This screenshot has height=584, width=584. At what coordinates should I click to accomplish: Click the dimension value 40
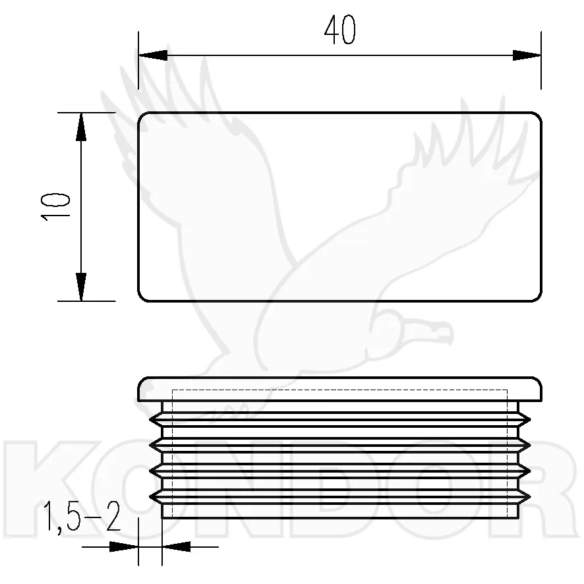pyautogui.click(x=339, y=30)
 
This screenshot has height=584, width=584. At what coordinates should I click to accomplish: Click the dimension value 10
pyautogui.click(x=55, y=207)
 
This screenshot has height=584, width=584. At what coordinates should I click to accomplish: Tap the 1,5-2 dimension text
pyautogui.click(x=82, y=517)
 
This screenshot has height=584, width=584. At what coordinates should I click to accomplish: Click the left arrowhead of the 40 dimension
pyautogui.click(x=153, y=55)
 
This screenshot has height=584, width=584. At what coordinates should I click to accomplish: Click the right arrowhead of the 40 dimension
pyautogui.click(x=526, y=55)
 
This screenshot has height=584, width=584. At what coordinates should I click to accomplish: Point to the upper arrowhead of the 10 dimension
pyautogui.click(x=81, y=127)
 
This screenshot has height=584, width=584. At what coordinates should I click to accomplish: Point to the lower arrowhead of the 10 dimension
pyautogui.click(x=81, y=287)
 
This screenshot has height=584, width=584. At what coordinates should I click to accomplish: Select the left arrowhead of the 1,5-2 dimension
pyautogui.click(x=124, y=546)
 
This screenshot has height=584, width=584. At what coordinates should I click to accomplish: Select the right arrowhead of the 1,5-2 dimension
pyautogui.click(x=177, y=546)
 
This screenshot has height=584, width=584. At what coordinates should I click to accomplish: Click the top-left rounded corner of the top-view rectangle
pyautogui.click(x=141, y=115)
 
